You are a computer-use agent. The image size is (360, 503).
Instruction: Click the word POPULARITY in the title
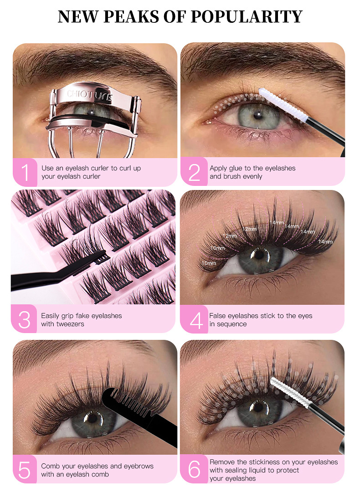point(247,17)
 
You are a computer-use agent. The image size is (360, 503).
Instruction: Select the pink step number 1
point(25,173)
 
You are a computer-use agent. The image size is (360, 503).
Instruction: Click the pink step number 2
point(194,172)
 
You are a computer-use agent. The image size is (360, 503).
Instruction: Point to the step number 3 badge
point(24,320)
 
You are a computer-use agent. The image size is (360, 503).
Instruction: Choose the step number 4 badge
point(195,320)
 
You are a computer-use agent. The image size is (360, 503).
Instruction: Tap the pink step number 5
point(25,470)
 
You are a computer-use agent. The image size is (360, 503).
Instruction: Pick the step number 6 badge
point(195,470)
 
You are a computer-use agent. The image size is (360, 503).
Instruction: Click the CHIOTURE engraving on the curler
point(89,95)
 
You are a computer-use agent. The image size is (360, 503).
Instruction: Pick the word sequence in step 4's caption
point(232,324)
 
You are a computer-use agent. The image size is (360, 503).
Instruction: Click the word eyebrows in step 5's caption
point(139,466)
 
